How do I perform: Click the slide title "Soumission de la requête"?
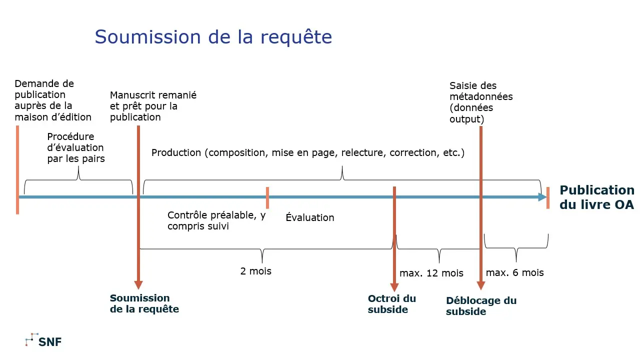tap(213, 37)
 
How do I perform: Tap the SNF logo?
tap(43, 341)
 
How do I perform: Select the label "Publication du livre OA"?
tap(597, 197)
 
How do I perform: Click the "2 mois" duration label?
tap(255, 271)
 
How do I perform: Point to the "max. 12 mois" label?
tap(431, 273)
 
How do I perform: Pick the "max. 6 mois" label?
tap(514, 272)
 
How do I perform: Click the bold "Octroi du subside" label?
tap(392, 304)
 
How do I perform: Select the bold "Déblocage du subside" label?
tap(481, 306)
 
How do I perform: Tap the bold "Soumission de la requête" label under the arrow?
tap(144, 303)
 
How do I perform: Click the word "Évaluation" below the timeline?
tap(310, 217)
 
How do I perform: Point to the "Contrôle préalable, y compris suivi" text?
tap(216, 220)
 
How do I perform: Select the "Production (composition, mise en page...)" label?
tap(308, 152)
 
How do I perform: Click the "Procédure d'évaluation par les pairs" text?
tap(75, 147)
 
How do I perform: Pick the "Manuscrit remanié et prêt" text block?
tap(153, 106)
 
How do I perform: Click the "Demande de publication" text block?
tap(53, 100)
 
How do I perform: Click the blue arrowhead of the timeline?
tap(542, 197)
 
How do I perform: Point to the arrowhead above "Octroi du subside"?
tap(394, 287)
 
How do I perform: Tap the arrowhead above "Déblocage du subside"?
tap(481, 285)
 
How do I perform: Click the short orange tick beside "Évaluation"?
tap(267, 197)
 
